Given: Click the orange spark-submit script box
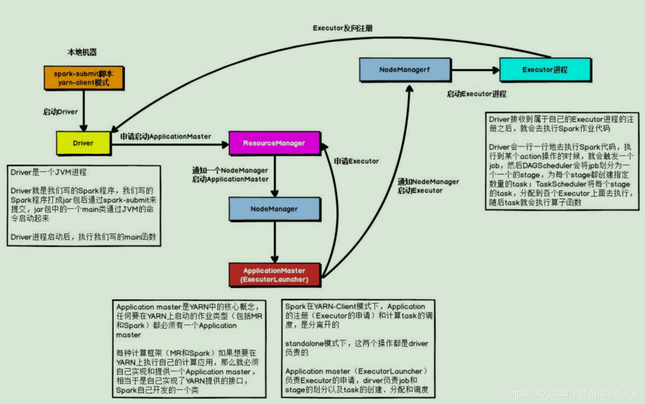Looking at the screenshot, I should coord(83,78).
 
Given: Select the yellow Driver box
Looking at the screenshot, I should coord(83,143).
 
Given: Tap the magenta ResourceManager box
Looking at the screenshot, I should coord(274,143).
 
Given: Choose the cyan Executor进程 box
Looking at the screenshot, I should coord(545,70).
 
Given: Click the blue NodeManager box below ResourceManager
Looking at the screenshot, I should coord(274,209).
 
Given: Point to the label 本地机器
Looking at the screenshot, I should coord(82,52).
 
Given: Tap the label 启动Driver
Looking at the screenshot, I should coord(60,112).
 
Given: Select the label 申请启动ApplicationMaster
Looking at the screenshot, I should coord(166,136).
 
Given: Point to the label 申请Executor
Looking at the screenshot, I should coord(356,161).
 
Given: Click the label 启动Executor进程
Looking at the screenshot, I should coord(476,94).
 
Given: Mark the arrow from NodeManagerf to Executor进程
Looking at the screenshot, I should coord(475,70).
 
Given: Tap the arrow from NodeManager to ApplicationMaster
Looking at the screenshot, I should coord(274,241).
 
